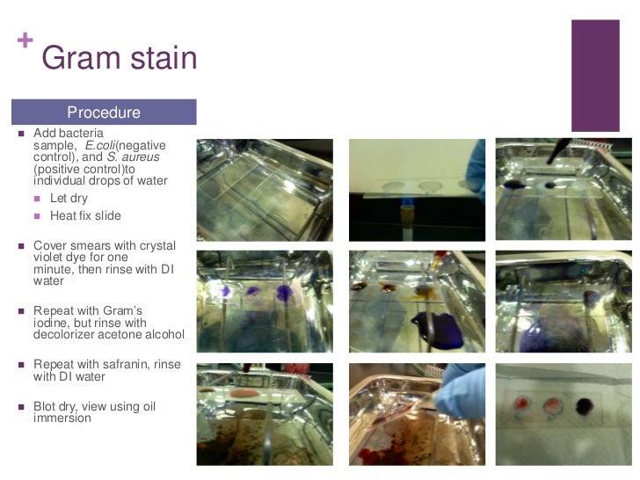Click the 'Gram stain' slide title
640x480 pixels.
tap(119, 58)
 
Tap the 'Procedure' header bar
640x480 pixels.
tap(104, 113)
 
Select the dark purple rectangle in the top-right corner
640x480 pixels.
tap(595, 76)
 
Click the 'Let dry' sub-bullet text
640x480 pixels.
tap(69, 199)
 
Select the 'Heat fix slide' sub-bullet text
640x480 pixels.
tap(85, 216)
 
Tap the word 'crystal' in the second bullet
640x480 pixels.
tap(156, 245)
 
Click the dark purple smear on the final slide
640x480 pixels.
tap(582, 405)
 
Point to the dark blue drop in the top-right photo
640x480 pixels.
tap(513, 185)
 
